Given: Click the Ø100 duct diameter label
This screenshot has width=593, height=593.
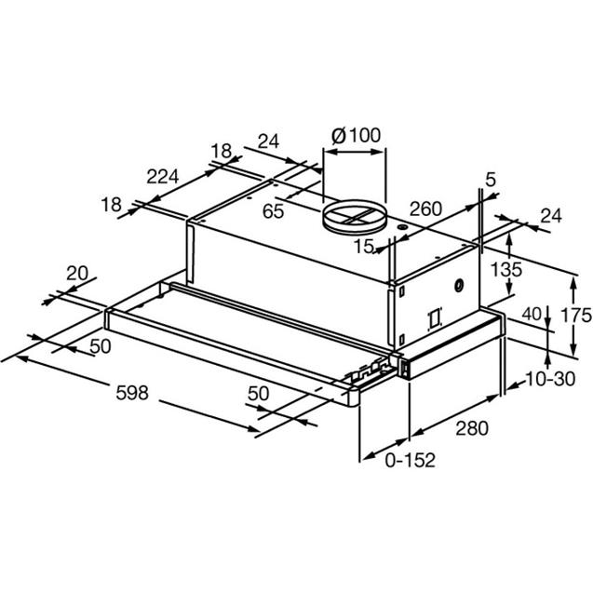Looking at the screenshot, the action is [357, 135].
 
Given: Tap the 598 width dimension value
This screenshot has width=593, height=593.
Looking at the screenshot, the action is [132, 393].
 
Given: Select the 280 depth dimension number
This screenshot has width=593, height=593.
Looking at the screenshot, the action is [472, 428].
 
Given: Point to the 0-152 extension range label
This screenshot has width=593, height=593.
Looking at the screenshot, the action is [410, 460].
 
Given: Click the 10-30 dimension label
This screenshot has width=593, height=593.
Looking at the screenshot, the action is [550, 379].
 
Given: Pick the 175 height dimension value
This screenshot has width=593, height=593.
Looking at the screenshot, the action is [576, 315].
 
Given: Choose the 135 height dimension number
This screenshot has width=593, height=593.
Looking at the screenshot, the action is [506, 270].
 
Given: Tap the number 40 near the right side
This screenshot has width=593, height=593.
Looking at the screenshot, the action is [532, 314].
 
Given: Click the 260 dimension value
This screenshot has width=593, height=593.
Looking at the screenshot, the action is [425, 209].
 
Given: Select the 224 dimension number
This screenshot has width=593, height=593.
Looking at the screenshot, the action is [162, 176].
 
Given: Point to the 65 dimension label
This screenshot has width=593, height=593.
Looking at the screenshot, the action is [273, 211].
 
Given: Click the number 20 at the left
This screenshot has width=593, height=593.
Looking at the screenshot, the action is [77, 273].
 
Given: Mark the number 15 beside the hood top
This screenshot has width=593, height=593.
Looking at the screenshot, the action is [364, 247].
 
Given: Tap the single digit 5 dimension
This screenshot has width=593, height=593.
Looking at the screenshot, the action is [490, 180].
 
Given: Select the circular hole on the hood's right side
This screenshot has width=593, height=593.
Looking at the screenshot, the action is [459, 286].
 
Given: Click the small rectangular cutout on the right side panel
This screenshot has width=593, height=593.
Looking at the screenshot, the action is [435, 318].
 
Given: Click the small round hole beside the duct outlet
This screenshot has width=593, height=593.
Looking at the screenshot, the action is [402, 227].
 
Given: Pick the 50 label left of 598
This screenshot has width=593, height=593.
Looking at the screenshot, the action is [101, 346].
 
